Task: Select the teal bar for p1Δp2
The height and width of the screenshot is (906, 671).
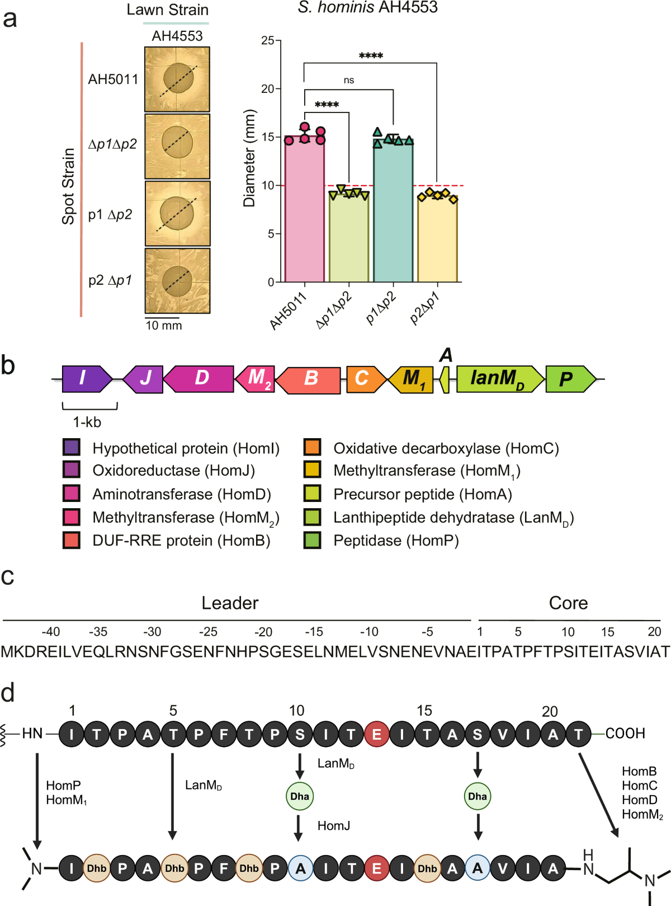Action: (393, 213)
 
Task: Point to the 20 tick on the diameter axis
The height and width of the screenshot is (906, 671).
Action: (268, 89)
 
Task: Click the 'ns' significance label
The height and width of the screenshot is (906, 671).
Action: (349, 81)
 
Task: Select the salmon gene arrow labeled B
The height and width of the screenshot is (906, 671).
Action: (309, 380)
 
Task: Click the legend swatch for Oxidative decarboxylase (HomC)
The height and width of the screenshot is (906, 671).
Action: (312, 448)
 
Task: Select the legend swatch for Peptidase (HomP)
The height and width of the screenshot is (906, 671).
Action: (312, 541)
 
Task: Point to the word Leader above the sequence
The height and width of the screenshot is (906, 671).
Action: (230, 603)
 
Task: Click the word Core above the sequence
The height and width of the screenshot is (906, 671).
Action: (568, 603)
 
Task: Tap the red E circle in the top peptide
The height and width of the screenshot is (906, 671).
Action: (377, 734)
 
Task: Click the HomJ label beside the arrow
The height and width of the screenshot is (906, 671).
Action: (334, 826)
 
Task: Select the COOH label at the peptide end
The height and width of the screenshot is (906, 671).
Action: (625, 734)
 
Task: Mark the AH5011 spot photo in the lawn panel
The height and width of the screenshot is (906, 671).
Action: (177, 79)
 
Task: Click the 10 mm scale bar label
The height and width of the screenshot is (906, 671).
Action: (164, 326)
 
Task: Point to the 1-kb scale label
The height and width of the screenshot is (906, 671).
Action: (87, 423)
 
